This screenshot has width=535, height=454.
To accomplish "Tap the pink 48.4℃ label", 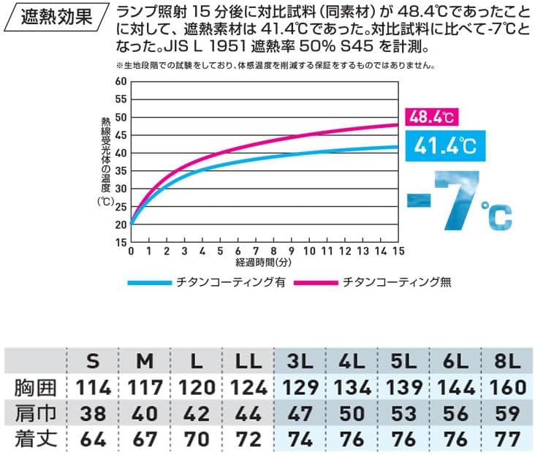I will click(430, 116).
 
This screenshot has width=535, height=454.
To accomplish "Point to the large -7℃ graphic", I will click(458, 200).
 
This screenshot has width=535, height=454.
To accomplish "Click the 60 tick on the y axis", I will click(121, 81).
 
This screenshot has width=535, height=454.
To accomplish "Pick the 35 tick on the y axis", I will click(121, 171).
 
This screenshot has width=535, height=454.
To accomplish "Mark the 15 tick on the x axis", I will click(398, 251).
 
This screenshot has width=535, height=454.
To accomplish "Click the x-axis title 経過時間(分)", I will click(265, 262).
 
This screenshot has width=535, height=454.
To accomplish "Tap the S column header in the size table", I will click(93, 361).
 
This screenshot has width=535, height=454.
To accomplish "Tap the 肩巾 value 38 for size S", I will click(93, 414).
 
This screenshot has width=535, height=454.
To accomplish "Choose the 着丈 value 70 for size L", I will click(197, 440).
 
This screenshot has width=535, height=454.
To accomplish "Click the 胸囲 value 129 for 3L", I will click(303, 387).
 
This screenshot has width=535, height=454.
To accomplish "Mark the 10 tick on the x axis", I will click(309, 251).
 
